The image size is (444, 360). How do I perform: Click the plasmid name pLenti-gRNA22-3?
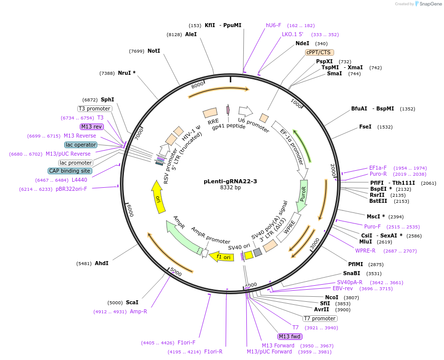230,181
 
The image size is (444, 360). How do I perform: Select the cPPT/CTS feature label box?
320,52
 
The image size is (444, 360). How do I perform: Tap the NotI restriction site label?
154,51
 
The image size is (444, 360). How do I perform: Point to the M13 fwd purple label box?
291,336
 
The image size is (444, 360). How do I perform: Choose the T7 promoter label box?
320,318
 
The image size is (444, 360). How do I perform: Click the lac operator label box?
81,145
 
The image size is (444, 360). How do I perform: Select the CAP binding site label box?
70,171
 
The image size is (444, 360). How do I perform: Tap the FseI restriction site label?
365,127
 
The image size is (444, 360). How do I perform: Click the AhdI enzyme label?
101,263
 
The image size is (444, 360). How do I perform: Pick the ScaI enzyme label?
132,302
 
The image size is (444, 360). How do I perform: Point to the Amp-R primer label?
138,311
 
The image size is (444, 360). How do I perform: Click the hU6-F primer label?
273,25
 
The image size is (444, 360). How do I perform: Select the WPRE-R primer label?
365,251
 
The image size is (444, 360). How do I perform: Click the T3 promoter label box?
94,108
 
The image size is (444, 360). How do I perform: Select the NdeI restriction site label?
302,43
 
